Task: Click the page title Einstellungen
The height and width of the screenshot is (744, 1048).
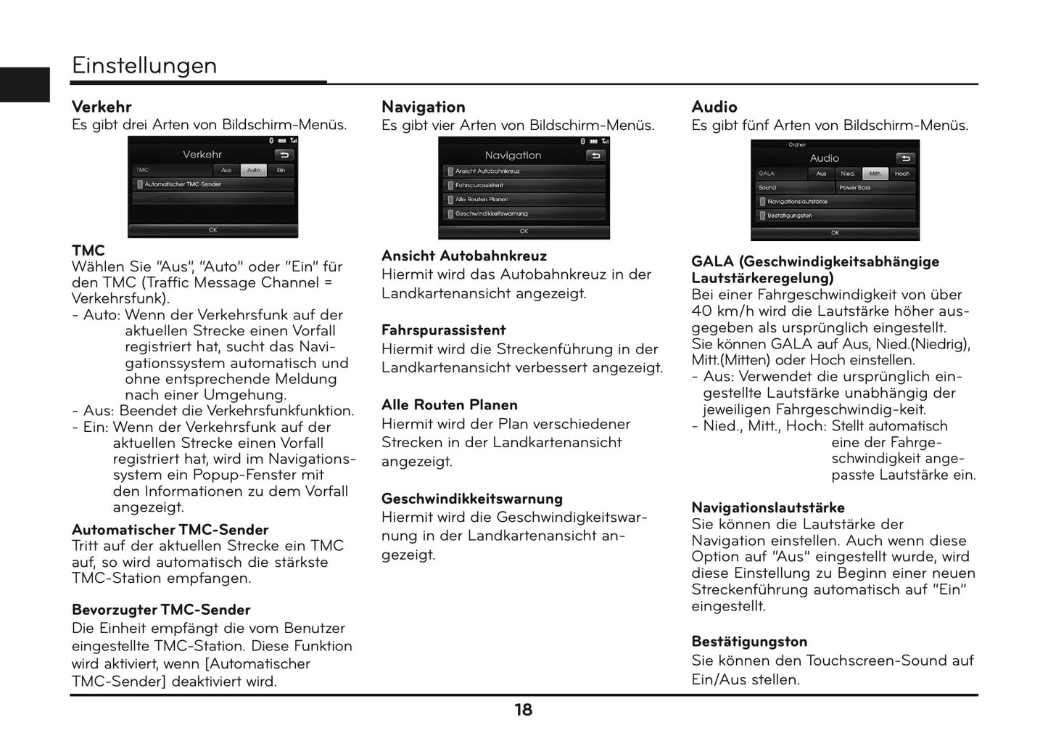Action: [144, 65]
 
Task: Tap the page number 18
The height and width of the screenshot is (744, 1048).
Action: [523, 710]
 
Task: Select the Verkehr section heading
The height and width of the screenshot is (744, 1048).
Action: [102, 107]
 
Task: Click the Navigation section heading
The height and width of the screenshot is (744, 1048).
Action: [423, 107]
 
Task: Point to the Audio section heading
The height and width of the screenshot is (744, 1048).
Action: [714, 107]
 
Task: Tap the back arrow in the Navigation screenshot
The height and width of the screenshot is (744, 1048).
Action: [595, 155]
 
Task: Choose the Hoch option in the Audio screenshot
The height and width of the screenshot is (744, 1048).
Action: [901, 173]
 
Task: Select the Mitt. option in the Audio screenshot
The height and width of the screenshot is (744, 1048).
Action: [875, 173]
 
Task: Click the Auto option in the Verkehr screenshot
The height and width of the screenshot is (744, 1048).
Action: [253, 170]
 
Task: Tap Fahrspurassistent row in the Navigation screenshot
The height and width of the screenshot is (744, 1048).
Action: [524, 185]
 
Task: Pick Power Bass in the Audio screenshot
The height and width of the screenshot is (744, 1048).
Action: [875, 187]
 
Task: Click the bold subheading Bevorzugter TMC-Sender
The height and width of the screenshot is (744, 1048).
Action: [160, 610]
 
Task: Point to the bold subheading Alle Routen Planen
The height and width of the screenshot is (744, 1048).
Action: [449, 405]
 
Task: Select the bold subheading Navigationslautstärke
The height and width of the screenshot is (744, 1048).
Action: [767, 507]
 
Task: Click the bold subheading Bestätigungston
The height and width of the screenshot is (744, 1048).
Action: [749, 642]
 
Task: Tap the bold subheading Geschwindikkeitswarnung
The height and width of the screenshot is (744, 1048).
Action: [471, 499]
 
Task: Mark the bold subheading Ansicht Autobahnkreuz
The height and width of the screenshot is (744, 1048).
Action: [463, 256]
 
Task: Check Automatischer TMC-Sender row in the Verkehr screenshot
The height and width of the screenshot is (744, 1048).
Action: [213, 184]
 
